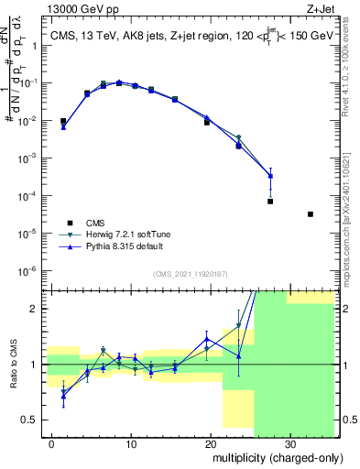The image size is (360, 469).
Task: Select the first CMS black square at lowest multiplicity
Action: pyautogui.click(x=63, y=121)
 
